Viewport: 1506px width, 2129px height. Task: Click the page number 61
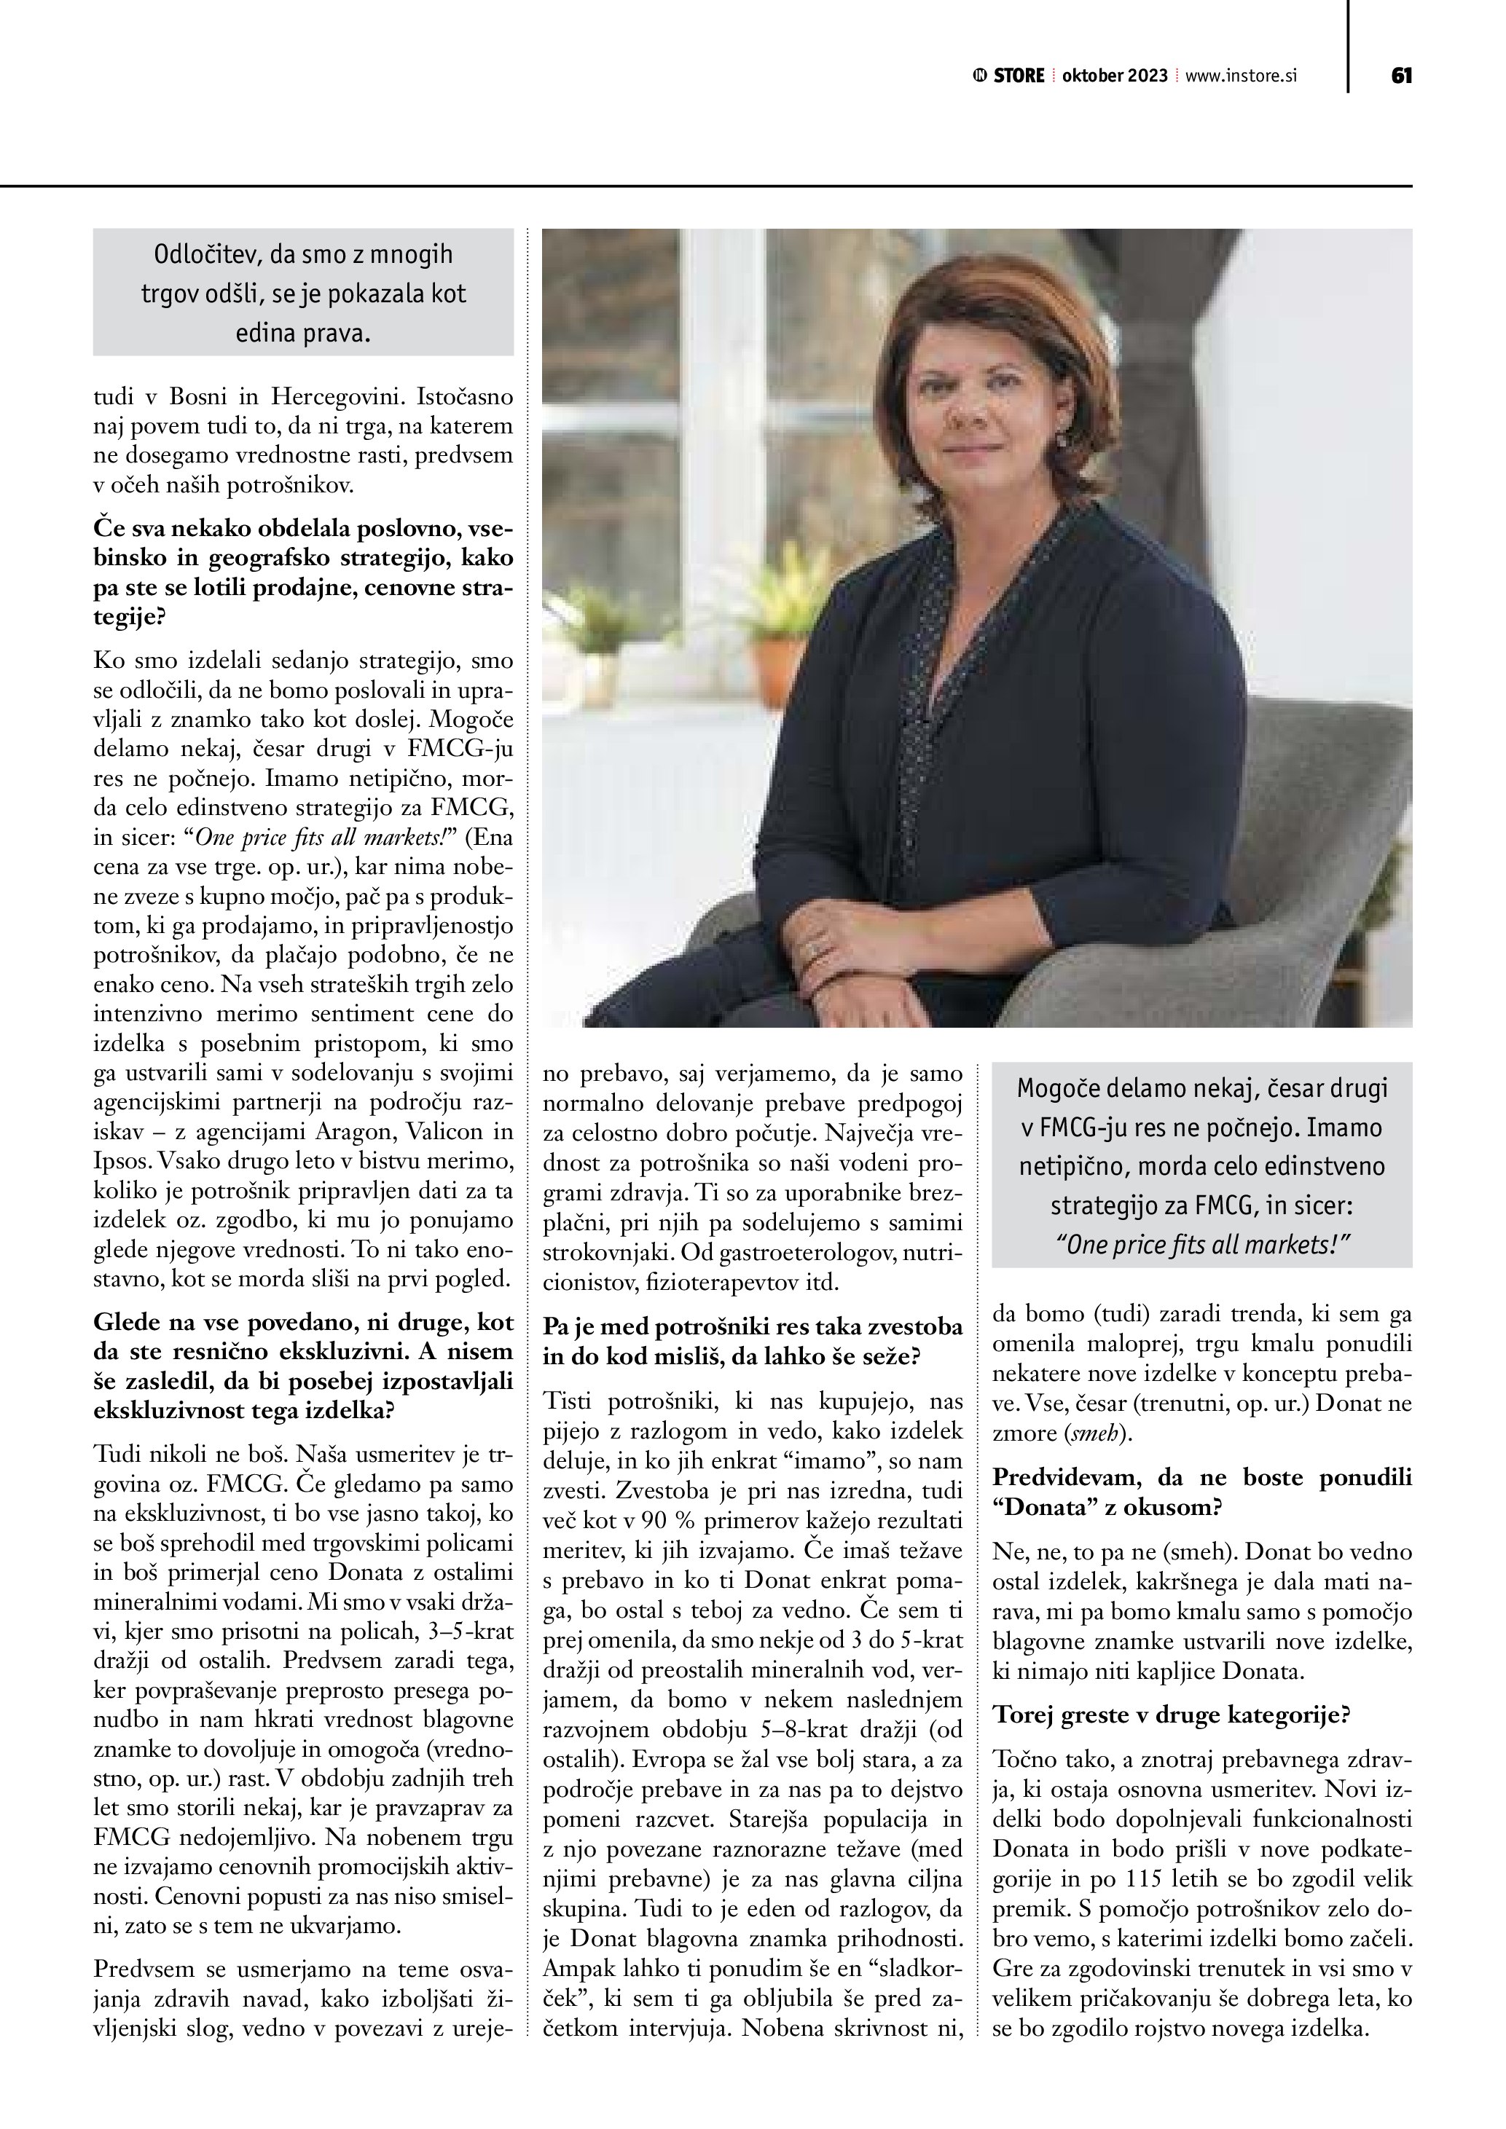click(1401, 76)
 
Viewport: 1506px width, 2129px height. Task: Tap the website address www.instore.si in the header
click(1241, 76)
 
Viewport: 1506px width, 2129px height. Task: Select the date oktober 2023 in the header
click(1115, 76)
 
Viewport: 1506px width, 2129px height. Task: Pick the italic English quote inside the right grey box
click(1202, 1244)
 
